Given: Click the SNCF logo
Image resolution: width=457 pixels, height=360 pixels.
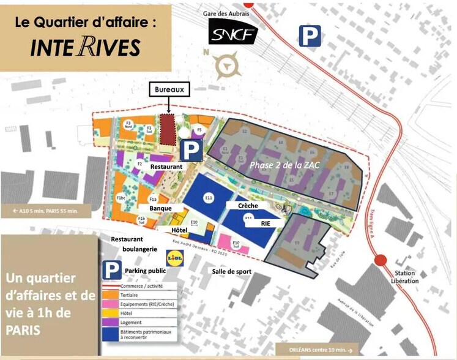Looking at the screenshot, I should (232, 32).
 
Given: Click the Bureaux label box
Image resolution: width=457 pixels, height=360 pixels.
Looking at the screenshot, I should (169, 89).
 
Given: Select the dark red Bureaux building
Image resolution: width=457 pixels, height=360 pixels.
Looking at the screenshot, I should (167, 129).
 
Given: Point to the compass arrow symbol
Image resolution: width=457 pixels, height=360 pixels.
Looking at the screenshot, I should (228, 63).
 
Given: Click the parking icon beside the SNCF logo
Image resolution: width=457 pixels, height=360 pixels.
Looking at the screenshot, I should (310, 37).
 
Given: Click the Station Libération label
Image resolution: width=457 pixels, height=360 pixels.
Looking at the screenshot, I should (406, 277).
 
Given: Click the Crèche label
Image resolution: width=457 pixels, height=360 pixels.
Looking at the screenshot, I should (248, 206).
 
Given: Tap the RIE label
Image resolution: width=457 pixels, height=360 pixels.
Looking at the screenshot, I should (266, 223).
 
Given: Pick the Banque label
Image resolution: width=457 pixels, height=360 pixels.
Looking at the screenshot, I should (160, 208).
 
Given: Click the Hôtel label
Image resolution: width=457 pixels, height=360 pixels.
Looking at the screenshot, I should (179, 230).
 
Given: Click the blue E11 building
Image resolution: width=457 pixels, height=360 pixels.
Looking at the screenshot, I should (209, 197).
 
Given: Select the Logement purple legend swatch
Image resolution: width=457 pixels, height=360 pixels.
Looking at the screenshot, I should (106, 322).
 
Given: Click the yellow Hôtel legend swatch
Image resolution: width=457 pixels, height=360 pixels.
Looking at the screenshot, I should (106, 312).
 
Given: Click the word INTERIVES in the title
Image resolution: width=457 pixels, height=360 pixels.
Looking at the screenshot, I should (85, 47).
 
